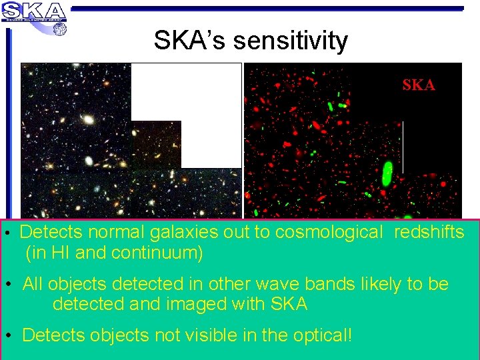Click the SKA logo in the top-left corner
(x=34, y=12)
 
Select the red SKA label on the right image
(x=419, y=85)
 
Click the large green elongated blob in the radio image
(x=387, y=175)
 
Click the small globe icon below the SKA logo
(x=59, y=29)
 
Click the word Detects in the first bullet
(x=51, y=232)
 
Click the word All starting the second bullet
(x=33, y=284)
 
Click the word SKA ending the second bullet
(x=289, y=305)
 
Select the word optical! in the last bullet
(x=317, y=335)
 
